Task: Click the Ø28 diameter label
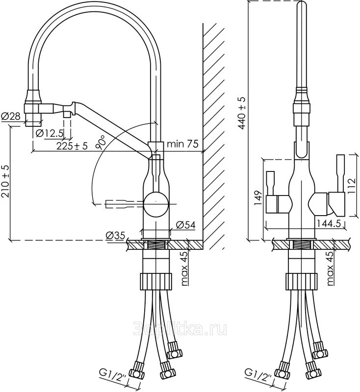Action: (10, 117)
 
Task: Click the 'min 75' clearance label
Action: (182, 144)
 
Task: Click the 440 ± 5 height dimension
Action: (242, 113)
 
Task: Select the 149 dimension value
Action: (258, 199)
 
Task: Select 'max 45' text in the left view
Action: (183, 268)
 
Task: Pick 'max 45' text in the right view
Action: (330, 268)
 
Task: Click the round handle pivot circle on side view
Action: (156, 202)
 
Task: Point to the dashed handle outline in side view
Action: (120, 203)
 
